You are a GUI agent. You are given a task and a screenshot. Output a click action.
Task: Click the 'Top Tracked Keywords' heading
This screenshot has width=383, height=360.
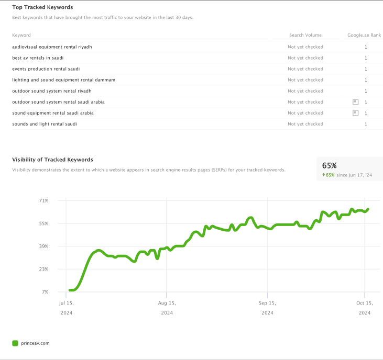click(42, 7)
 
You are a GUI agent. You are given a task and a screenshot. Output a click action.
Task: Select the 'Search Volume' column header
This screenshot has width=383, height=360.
click(305, 35)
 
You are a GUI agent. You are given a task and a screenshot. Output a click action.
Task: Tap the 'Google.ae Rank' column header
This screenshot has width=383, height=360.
click(364, 35)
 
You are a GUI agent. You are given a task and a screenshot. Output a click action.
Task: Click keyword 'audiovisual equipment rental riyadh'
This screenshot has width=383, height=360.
click(52, 47)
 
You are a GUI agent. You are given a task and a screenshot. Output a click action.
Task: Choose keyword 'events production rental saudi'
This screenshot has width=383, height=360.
click(46, 69)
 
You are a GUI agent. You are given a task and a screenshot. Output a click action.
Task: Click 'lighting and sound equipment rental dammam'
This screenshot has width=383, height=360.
click(63, 80)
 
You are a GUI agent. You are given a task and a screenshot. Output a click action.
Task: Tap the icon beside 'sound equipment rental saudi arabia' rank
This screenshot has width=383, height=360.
click(355, 113)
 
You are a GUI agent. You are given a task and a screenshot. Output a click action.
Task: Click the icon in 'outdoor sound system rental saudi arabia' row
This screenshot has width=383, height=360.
click(355, 102)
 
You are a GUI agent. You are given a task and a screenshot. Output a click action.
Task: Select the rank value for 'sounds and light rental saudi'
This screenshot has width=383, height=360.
click(366, 125)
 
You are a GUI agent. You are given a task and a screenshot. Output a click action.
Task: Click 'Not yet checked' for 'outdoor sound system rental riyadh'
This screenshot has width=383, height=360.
click(305, 91)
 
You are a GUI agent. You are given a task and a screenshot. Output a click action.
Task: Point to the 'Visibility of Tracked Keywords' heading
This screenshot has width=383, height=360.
click(52, 160)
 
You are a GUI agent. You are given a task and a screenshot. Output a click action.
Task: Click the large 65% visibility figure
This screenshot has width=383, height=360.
click(329, 165)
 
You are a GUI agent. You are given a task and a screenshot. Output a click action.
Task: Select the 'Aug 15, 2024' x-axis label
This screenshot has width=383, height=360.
click(167, 308)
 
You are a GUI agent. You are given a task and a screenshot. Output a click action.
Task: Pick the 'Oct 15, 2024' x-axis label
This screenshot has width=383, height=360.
click(365, 308)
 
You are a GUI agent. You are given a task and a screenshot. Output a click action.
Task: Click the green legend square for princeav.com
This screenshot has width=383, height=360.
click(15, 343)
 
